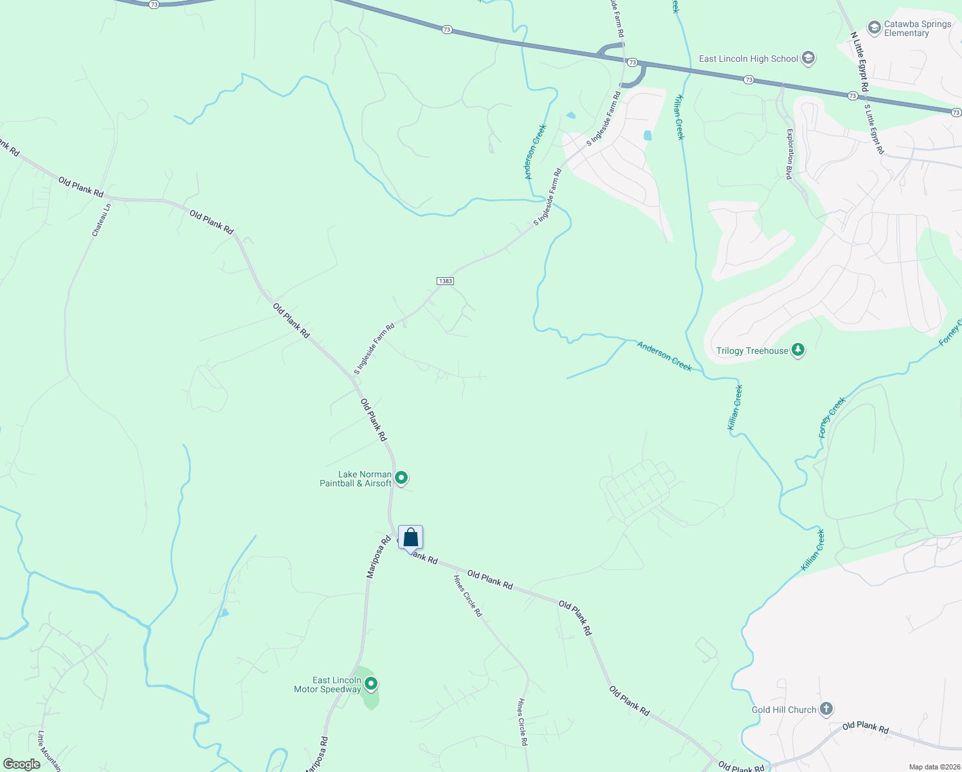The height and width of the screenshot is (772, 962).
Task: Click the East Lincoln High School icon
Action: click(808, 59)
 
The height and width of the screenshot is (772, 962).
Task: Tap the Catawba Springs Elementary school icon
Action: click(874, 28)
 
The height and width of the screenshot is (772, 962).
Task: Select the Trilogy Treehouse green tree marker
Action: click(798, 351)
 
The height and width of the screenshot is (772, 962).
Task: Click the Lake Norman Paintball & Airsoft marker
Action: click(401, 478)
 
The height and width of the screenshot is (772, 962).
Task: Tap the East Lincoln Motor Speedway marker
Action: click(370, 684)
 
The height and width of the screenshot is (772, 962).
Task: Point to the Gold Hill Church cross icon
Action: click(826, 710)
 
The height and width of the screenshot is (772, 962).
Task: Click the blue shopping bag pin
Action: click(410, 538)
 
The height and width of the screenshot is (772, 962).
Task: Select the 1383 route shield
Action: click(445, 281)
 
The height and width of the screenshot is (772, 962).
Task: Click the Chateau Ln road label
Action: click(101, 220)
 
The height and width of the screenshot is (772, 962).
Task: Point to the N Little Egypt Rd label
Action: click(859, 61)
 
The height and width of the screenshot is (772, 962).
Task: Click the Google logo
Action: click(21, 764)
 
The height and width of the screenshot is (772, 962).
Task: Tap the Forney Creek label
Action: click(832, 418)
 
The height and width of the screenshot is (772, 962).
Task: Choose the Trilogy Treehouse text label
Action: click(752, 351)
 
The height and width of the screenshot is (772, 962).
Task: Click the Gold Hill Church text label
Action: click(784, 710)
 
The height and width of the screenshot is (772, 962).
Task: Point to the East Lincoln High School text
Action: click(749, 59)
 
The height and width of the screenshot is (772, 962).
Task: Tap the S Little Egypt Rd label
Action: click(874, 129)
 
